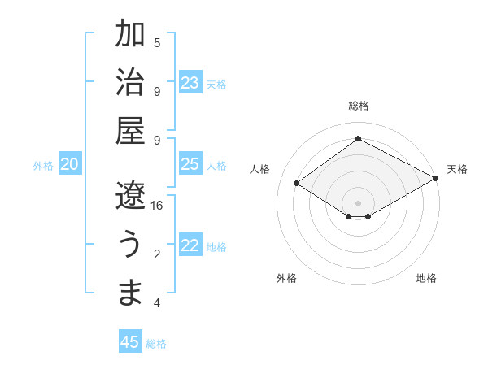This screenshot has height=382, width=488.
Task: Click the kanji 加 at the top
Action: pyautogui.click(x=131, y=35)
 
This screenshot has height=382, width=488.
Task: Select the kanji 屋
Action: pyautogui.click(x=131, y=130)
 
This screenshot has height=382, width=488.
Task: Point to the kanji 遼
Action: pyautogui.click(x=131, y=195)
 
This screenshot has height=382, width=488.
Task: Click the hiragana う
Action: pyautogui.click(x=131, y=245)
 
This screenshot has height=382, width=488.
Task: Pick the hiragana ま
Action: pyautogui.click(x=131, y=293)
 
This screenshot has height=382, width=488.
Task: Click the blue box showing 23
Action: pyautogui.click(x=190, y=83)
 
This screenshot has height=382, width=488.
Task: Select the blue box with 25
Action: pyautogui.click(x=190, y=165)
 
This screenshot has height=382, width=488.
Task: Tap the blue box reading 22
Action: pyautogui.click(x=190, y=246)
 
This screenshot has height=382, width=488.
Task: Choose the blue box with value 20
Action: pyautogui.click(x=70, y=165)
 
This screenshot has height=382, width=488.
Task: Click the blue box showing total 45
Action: pyautogui.click(x=130, y=342)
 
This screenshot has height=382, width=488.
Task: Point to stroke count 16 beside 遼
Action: pyautogui.click(x=157, y=206)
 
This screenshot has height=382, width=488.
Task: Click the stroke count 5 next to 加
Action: pyautogui.click(x=157, y=42)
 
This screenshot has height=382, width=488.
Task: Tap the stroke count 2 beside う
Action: pyautogui.click(x=157, y=254)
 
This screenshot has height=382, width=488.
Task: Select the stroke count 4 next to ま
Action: pyautogui.click(x=157, y=303)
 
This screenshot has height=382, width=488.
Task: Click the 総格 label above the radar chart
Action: pyautogui.click(x=358, y=106)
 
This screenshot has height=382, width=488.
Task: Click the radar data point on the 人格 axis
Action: pyautogui.click(x=297, y=184)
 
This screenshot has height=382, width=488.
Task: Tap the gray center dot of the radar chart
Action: pyautogui.click(x=358, y=202)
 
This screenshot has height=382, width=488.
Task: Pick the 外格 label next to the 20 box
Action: pyautogui.click(x=43, y=166)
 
